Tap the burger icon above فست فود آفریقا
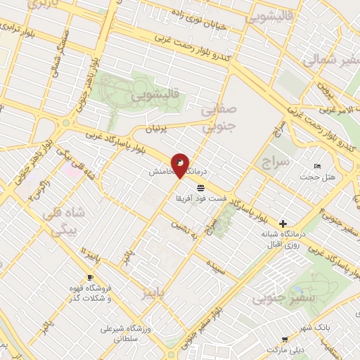pos(202,187)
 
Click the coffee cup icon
pos(89,277)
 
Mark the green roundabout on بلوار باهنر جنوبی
pos(65,122)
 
